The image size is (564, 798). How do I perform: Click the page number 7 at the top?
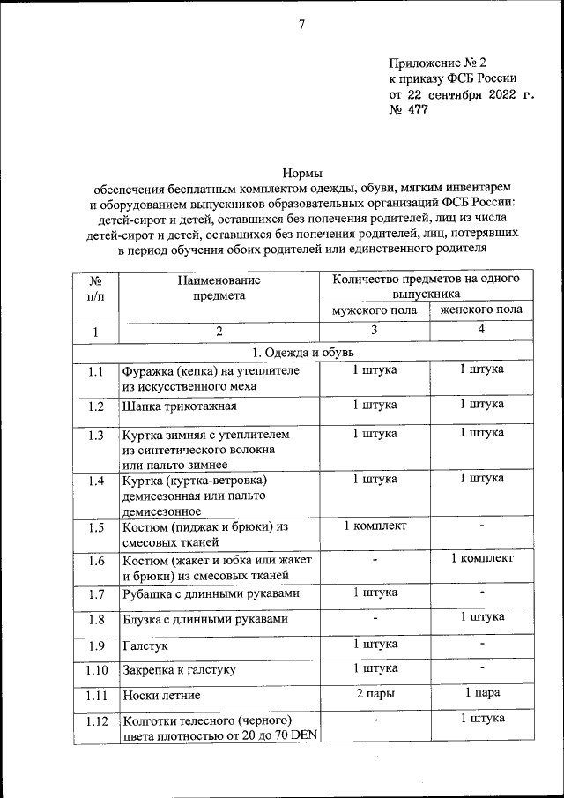point(301,25)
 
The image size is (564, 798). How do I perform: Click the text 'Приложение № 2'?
point(437,63)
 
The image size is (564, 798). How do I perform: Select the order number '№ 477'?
point(407,111)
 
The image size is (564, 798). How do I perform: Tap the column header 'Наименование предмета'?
point(219,287)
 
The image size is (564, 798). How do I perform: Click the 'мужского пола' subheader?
point(375,310)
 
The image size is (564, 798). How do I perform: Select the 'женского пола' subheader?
point(481,310)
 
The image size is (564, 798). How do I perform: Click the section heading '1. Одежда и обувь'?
point(301,352)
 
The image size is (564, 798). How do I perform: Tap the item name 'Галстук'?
point(143,646)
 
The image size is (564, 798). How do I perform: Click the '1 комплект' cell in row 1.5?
point(375,526)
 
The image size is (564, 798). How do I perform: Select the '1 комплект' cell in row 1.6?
point(481,558)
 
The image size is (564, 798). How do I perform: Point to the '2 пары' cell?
point(375,694)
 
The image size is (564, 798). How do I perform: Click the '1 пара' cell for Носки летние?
point(481,694)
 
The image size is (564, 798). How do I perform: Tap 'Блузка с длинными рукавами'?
point(205,620)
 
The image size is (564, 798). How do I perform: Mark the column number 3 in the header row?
point(375,331)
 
